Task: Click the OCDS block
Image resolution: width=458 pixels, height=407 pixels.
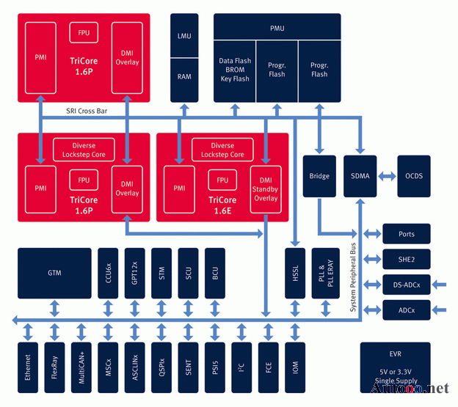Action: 414,175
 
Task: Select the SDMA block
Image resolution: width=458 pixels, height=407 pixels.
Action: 360,175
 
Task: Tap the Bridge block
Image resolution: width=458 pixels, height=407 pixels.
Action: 319,175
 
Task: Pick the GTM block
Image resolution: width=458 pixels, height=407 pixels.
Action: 54,272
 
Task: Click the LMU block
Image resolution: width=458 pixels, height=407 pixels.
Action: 184,36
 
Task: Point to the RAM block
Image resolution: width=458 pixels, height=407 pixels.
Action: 184,76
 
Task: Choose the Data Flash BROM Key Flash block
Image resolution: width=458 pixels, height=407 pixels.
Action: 234,70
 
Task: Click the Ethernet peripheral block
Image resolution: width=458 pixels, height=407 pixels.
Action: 28,366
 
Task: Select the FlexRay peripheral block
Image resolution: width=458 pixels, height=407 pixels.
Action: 54,366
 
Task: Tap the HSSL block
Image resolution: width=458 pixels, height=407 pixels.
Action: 294,272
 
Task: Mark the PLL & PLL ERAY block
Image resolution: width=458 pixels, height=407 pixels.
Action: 321,272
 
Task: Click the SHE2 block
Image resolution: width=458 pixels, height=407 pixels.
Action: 406,259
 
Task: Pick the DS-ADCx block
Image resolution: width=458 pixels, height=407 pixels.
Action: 406,284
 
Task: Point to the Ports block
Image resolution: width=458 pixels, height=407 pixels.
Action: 406,234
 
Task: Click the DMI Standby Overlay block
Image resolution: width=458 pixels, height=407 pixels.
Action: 266,188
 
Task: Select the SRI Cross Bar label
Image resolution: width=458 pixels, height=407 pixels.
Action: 85,111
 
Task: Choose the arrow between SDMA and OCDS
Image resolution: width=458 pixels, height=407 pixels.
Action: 387,175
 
